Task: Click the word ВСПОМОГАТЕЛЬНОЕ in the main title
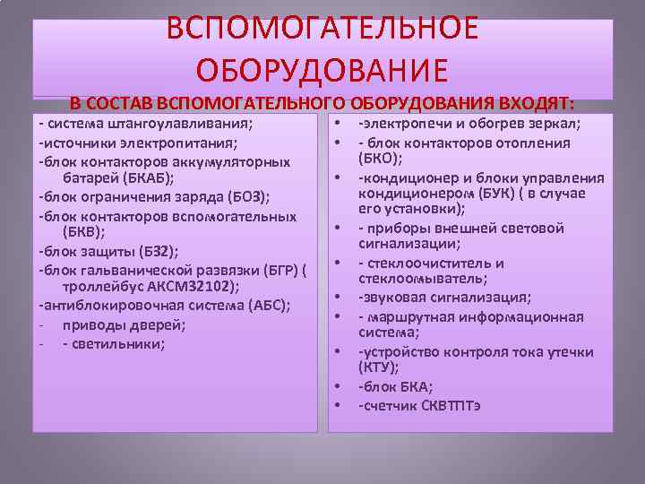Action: (322, 29)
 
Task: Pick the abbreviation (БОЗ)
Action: (225, 196)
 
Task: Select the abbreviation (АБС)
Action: (257, 306)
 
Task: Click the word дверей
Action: (160, 324)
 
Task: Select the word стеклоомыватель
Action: (409, 280)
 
